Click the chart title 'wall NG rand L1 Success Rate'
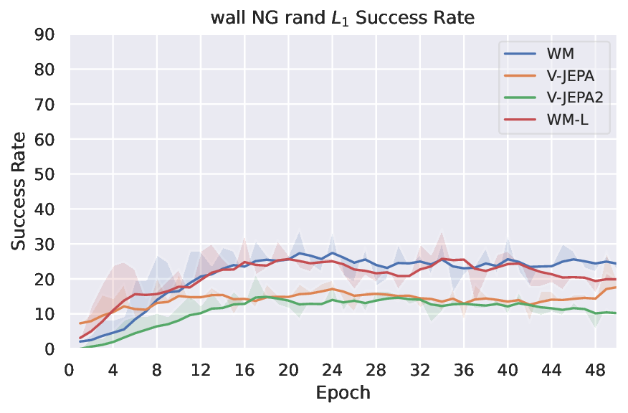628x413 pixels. pos(342,18)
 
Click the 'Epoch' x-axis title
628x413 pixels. pos(343,393)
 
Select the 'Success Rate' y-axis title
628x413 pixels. pos(19,191)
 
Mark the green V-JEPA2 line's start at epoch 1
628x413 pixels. pos(80,348)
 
